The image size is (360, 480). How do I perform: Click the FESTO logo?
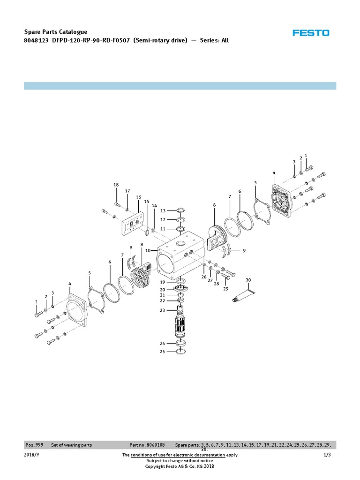tap(311, 33)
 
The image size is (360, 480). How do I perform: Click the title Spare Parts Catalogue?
tap(55, 32)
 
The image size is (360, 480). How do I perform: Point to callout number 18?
tap(116, 185)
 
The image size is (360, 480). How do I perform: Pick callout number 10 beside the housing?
tap(148, 251)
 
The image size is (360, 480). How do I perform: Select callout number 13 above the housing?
tap(163, 211)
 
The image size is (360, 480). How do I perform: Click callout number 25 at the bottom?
tap(162, 352)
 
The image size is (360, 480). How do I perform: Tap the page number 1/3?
tap(327, 455)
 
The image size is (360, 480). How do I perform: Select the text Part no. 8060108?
tap(147, 445)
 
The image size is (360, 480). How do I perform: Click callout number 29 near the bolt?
tap(225, 289)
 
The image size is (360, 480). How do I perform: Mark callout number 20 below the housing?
tap(162, 289)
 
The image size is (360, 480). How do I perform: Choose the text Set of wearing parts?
tap(71, 445)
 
